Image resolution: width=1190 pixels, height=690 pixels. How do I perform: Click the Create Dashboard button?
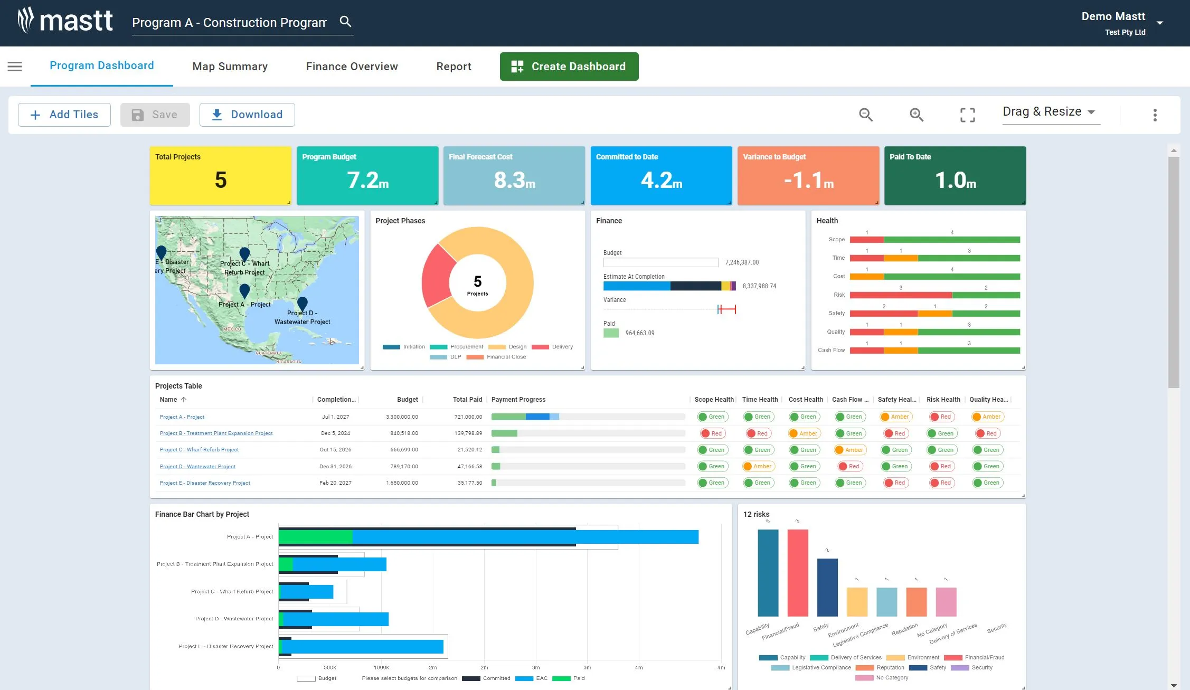point(569,67)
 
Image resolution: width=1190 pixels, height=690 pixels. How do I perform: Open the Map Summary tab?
point(230,67)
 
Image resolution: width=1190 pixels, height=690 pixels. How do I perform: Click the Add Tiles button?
point(64,115)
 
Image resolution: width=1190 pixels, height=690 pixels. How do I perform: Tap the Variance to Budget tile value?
point(808,181)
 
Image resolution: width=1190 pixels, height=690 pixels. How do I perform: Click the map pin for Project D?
point(302,303)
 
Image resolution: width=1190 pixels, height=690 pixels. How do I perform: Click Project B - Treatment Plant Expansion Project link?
point(216,433)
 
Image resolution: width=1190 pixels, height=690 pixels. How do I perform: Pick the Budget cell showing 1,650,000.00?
point(402,483)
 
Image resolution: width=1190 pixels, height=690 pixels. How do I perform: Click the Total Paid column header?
point(467,400)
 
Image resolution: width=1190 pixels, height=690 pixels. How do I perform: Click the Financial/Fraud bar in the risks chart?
point(797,573)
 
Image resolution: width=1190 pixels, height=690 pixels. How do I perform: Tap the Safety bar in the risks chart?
point(827,587)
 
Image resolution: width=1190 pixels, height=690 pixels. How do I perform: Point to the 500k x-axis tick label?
point(329,668)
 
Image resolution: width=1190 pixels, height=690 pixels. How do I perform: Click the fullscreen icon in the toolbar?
point(967,115)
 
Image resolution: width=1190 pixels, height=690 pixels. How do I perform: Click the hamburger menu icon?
point(15,67)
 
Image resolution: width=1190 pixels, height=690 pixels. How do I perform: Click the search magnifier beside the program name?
point(345,22)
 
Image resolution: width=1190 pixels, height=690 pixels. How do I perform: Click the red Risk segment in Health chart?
point(900,295)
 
